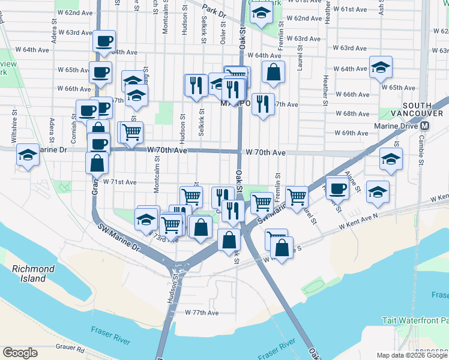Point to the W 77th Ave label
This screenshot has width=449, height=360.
pos(202,313)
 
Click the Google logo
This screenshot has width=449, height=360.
pos(20,352)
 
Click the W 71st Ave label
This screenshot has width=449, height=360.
pos(120,181)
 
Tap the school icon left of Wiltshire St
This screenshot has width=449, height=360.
pos(28,154)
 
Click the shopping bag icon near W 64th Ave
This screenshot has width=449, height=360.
pos(273,71)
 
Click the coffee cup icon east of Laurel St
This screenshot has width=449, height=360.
pos(337,187)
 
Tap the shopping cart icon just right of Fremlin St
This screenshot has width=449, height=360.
pos(297,196)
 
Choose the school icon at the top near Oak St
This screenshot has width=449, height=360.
pos(261,12)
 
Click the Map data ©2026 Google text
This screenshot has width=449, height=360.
pos(412,355)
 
